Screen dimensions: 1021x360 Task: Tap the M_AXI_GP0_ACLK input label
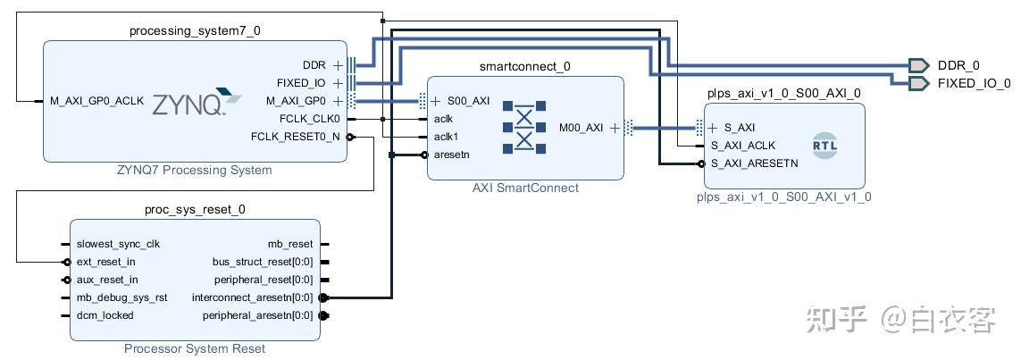[97, 102]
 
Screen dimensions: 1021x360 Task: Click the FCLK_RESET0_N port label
[295, 137]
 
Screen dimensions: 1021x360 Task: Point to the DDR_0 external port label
[958, 65]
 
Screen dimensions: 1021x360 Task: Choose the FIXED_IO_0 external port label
[975, 83]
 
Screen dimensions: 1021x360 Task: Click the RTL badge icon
[825, 146]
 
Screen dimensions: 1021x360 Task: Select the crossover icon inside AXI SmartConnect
[524, 128]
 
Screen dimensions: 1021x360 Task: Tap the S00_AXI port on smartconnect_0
[468, 101]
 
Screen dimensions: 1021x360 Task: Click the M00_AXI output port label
[581, 128]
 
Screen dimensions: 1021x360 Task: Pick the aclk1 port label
[447, 137]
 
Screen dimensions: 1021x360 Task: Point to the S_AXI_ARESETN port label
[755, 163]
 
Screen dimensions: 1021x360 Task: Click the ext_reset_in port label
[106, 262]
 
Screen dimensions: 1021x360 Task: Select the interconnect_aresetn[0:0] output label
[253, 297]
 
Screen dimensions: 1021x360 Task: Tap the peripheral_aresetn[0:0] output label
[258, 315]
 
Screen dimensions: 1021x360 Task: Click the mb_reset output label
[290, 244]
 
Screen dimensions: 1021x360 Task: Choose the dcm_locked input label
[105, 315]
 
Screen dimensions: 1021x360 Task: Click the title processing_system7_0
[196, 30]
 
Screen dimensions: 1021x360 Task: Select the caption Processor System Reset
[195, 349]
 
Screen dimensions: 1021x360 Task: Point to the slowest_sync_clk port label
[118, 244]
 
